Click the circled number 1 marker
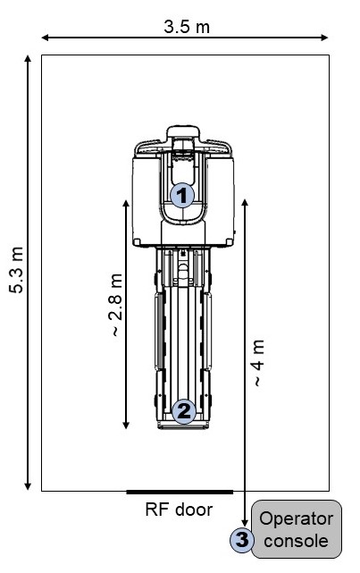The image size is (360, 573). click(182, 196)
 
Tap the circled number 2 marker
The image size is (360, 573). click(184, 411)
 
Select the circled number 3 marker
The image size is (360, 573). click(242, 540)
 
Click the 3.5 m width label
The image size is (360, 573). click(187, 27)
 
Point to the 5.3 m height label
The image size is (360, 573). click(16, 270)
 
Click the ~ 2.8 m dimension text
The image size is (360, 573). click(115, 305)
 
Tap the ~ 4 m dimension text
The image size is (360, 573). click(258, 363)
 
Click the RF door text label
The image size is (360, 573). click(179, 510)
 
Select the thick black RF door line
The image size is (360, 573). click(180, 492)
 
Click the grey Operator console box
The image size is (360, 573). click(297, 529)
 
